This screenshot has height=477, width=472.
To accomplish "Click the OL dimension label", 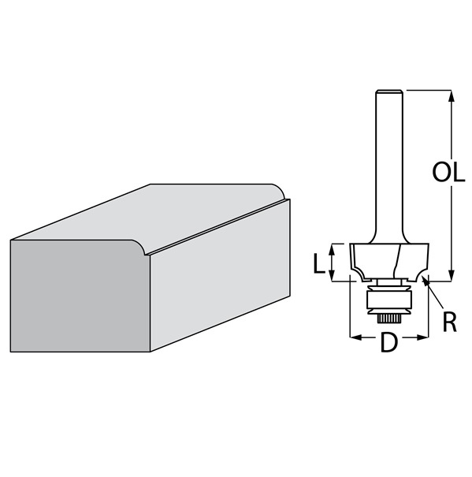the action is coord(448,172).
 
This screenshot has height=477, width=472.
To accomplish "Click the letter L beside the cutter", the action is coord(319,263).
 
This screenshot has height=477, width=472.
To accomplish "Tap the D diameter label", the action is coord(389,342).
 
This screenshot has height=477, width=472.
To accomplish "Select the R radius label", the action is coord(449,322).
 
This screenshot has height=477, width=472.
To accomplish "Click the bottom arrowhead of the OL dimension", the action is coord(452,276).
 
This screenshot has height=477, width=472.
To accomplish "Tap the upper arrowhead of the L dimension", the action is coord(332,249).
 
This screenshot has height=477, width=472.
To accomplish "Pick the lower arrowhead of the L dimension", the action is coord(332,276).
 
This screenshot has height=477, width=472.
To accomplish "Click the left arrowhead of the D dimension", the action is coord(356,337).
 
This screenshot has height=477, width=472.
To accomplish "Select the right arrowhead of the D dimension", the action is coord(422,337).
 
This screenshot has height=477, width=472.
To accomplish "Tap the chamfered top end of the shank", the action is coord(389,91).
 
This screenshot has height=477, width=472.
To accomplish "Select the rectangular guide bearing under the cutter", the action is coord(389,300).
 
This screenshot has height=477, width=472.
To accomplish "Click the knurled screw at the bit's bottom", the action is coord(389,319).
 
